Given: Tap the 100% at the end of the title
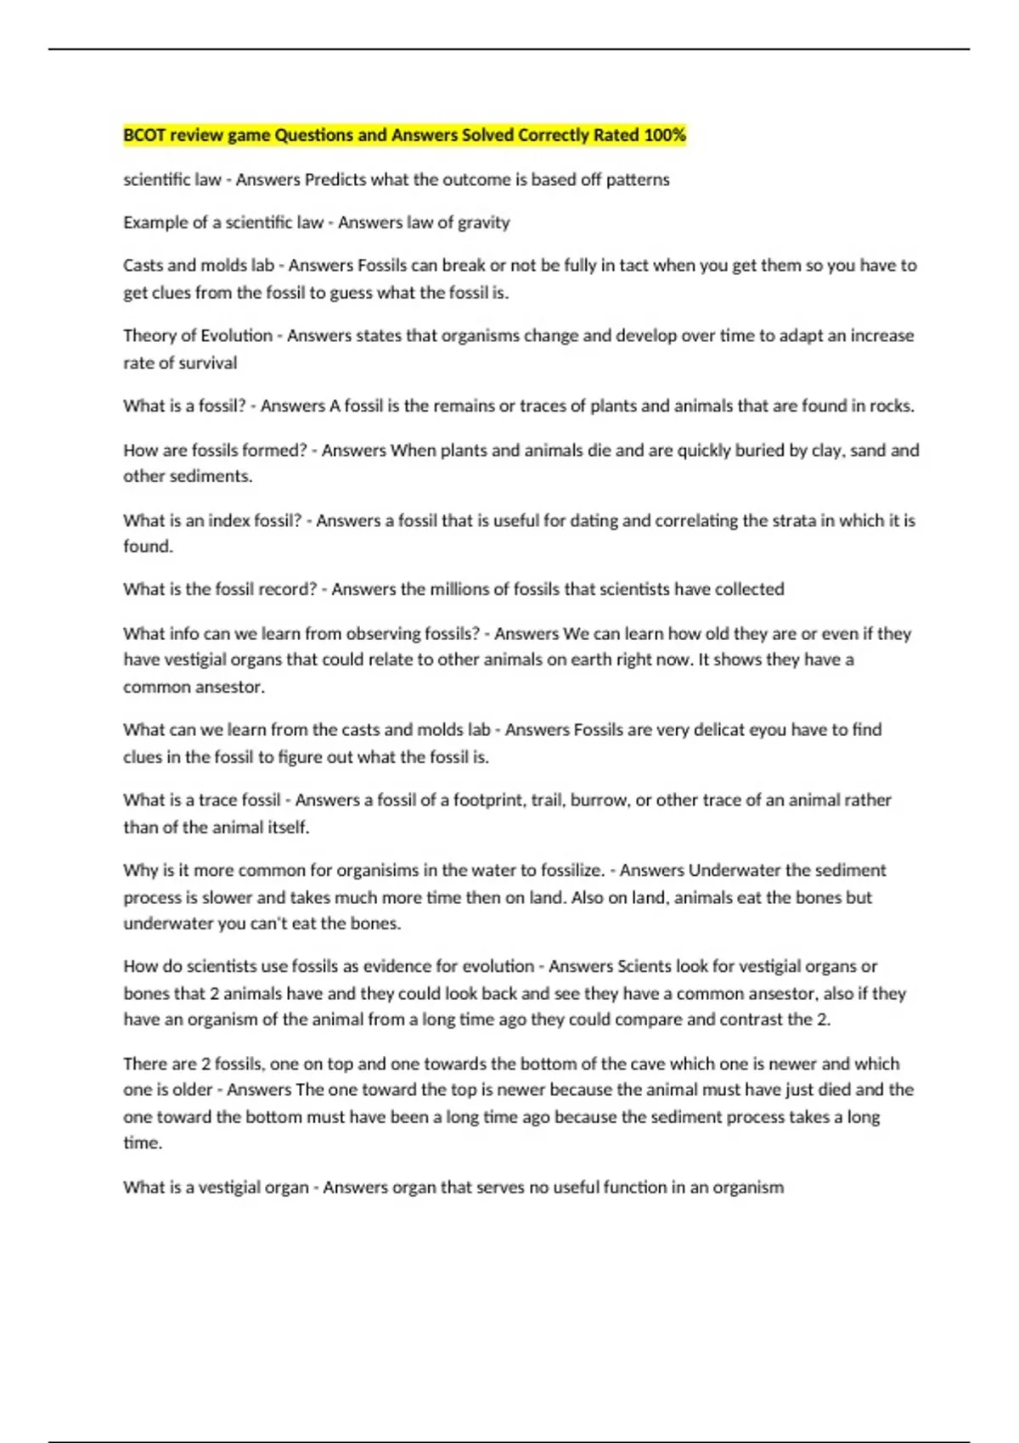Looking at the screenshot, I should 665,135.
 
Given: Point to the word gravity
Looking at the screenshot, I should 484,223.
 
